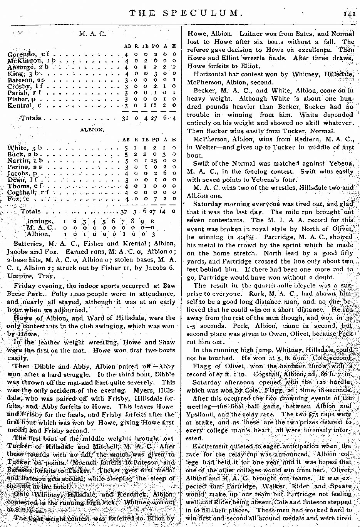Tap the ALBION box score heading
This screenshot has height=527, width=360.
point(92,130)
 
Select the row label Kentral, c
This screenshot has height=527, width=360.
point(24,106)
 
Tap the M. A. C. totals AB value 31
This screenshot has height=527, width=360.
point(125,118)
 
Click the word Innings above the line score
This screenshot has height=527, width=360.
point(40,221)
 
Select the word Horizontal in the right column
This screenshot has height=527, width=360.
point(210,74)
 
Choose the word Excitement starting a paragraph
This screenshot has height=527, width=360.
point(211,446)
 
